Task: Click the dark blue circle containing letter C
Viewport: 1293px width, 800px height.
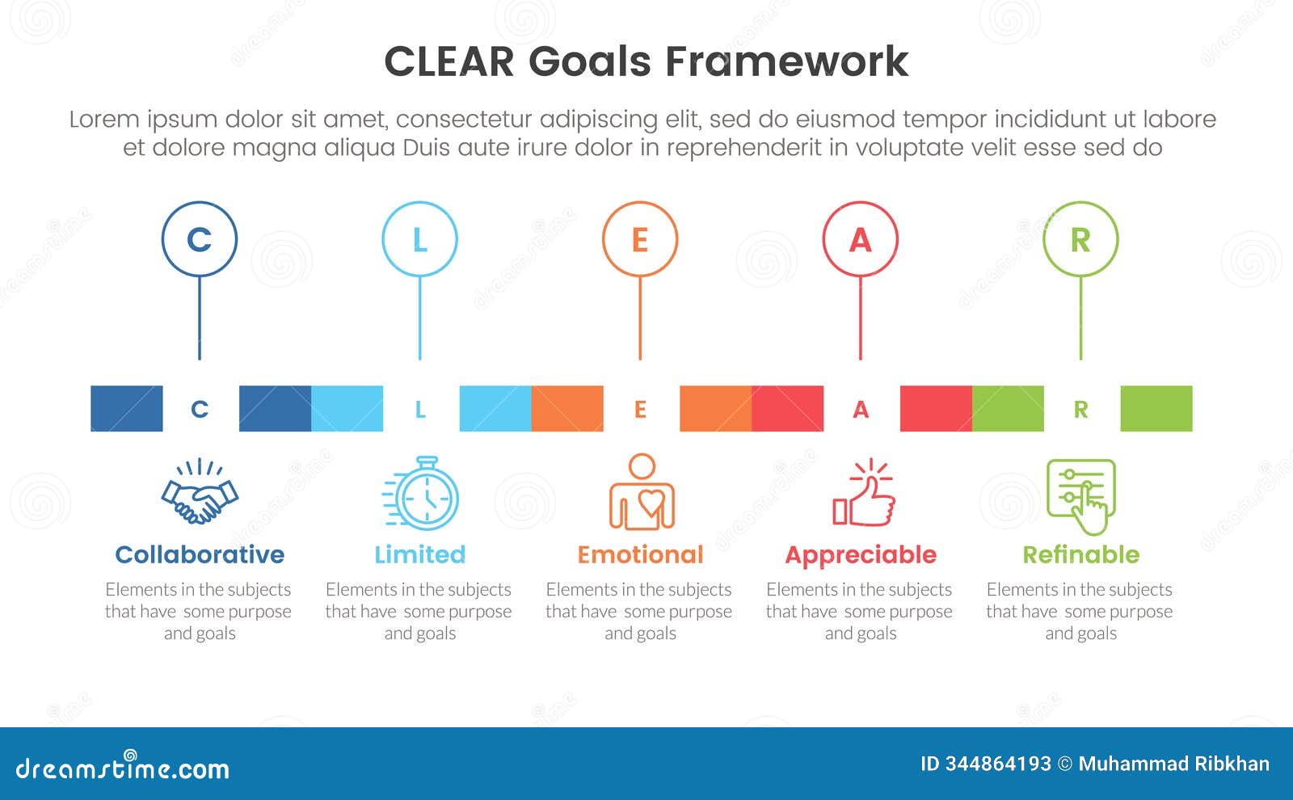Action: tap(200, 239)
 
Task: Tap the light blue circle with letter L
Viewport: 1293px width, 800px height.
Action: tap(419, 239)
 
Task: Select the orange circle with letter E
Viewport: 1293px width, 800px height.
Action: tap(640, 239)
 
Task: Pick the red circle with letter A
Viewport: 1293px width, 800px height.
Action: tap(861, 239)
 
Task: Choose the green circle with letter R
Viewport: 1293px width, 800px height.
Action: tap(1080, 239)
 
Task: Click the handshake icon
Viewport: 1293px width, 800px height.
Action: tap(200, 493)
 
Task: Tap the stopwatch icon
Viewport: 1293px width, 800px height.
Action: tap(421, 494)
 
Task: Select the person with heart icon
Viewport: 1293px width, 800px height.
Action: tap(642, 492)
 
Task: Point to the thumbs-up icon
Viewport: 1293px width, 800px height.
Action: tap(864, 493)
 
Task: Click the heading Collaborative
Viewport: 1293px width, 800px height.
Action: tap(200, 554)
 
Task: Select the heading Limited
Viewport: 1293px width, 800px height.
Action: tap(420, 554)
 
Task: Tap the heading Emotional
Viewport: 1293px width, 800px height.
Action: tap(640, 554)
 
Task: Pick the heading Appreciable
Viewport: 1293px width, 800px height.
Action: tap(861, 555)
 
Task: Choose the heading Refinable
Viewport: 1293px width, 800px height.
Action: tap(1080, 554)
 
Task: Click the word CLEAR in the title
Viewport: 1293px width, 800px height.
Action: tap(449, 61)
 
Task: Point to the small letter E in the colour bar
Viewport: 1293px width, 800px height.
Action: tap(640, 410)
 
